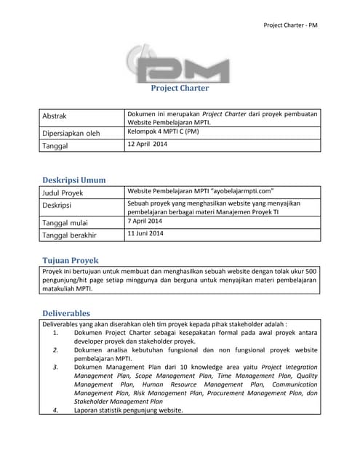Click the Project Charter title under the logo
point(180,89)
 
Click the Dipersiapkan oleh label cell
point(71,133)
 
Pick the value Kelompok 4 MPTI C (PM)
point(162,132)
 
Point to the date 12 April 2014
point(148,145)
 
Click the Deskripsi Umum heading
point(73,179)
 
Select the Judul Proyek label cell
point(63,193)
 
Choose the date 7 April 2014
point(145,221)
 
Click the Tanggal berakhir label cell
point(70,235)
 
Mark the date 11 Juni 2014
point(145,234)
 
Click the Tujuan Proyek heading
point(70,260)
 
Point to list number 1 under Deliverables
point(56,332)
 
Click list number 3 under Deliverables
point(56,368)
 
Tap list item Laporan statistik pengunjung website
point(128,411)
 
